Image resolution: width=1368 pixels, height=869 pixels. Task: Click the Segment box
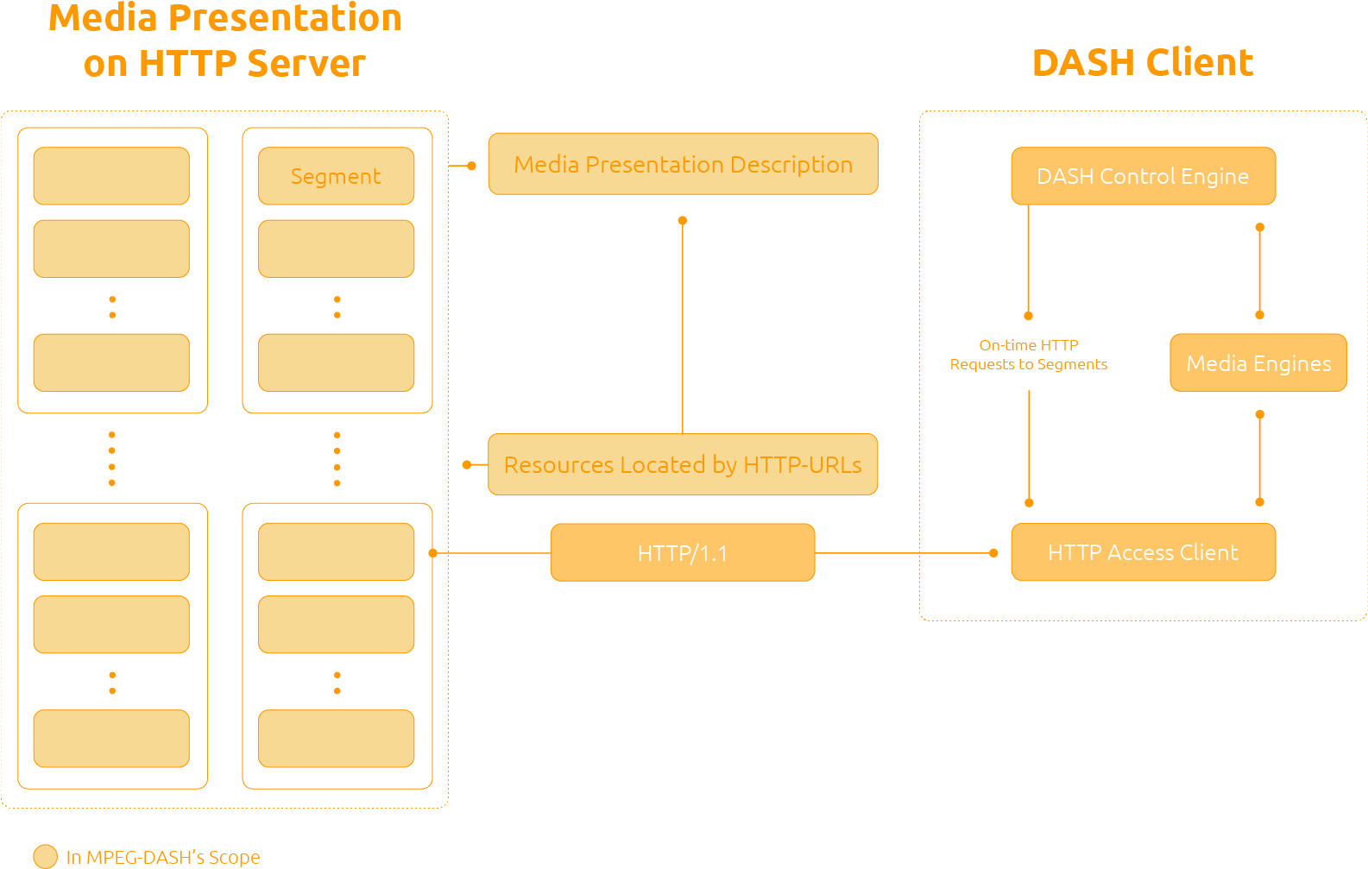click(336, 176)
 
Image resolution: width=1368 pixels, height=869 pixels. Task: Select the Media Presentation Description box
click(683, 164)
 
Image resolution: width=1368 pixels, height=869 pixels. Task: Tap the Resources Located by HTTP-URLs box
click(683, 464)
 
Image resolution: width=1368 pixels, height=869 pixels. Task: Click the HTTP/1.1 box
click(683, 552)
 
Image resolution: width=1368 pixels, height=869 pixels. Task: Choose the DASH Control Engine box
click(1143, 176)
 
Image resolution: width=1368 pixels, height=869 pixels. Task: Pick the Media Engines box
click(1258, 362)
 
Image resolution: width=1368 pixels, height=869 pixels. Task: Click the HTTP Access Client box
click(1143, 552)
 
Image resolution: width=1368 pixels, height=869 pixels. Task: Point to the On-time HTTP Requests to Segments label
click(1029, 355)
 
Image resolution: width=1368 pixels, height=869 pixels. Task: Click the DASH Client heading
click(1142, 63)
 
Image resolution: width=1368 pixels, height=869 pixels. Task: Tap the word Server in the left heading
click(306, 64)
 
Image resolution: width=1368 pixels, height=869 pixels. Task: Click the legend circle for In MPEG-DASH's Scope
click(45, 856)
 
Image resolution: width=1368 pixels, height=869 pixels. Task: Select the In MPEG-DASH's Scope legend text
click(163, 857)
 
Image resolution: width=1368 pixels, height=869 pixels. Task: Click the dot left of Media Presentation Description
click(471, 165)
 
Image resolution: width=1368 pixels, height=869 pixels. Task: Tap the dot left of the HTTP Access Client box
click(993, 553)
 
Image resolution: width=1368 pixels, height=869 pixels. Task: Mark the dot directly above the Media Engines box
click(1259, 315)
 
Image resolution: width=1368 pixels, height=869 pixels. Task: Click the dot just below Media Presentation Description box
click(683, 221)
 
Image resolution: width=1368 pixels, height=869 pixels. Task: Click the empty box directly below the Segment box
click(336, 249)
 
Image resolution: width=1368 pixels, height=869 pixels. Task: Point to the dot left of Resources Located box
click(467, 464)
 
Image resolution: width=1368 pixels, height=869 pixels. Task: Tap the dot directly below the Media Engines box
click(1259, 414)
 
